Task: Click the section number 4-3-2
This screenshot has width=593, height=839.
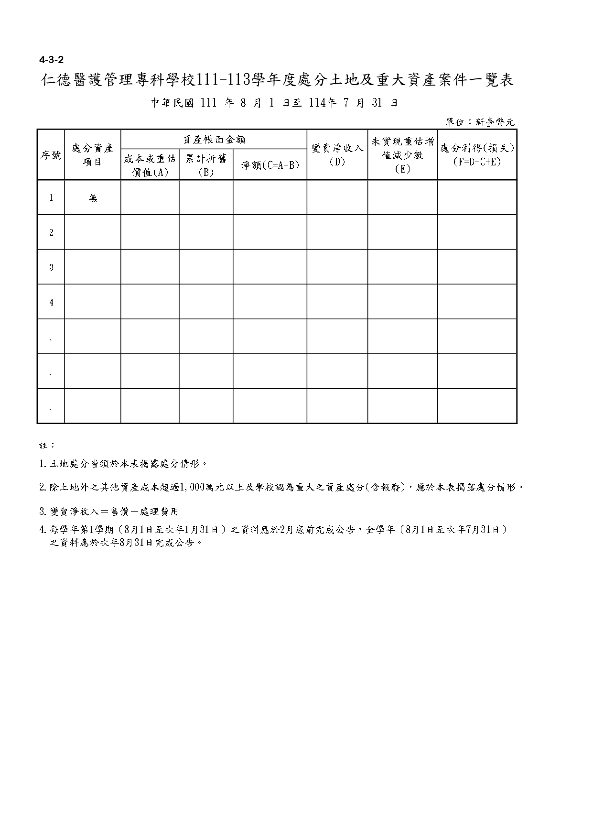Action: (51, 60)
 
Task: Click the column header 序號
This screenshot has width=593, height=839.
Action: (51, 155)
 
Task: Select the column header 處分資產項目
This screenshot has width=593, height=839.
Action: (92, 155)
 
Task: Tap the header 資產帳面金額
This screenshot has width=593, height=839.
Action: (214, 140)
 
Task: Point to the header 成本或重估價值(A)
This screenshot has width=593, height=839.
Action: (150, 165)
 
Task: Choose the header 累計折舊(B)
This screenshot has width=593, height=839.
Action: (206, 165)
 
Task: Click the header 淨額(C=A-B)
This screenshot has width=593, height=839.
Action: (270, 165)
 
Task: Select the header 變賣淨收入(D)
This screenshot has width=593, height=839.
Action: (337, 155)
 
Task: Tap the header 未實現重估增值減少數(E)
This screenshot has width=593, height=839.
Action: (402, 155)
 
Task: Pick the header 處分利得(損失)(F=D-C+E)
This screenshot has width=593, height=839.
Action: (477, 155)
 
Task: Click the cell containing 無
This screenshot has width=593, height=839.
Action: (93, 198)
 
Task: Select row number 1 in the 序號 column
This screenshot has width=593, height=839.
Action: (51, 198)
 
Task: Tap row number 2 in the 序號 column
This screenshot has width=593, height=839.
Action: (51, 233)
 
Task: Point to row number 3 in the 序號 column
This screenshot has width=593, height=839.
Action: (51, 267)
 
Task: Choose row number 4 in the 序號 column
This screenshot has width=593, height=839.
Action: (51, 302)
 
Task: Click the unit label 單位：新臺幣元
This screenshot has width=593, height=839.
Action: (480, 122)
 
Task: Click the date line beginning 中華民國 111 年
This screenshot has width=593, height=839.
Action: (275, 103)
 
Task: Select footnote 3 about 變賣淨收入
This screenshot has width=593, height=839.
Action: (109, 512)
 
